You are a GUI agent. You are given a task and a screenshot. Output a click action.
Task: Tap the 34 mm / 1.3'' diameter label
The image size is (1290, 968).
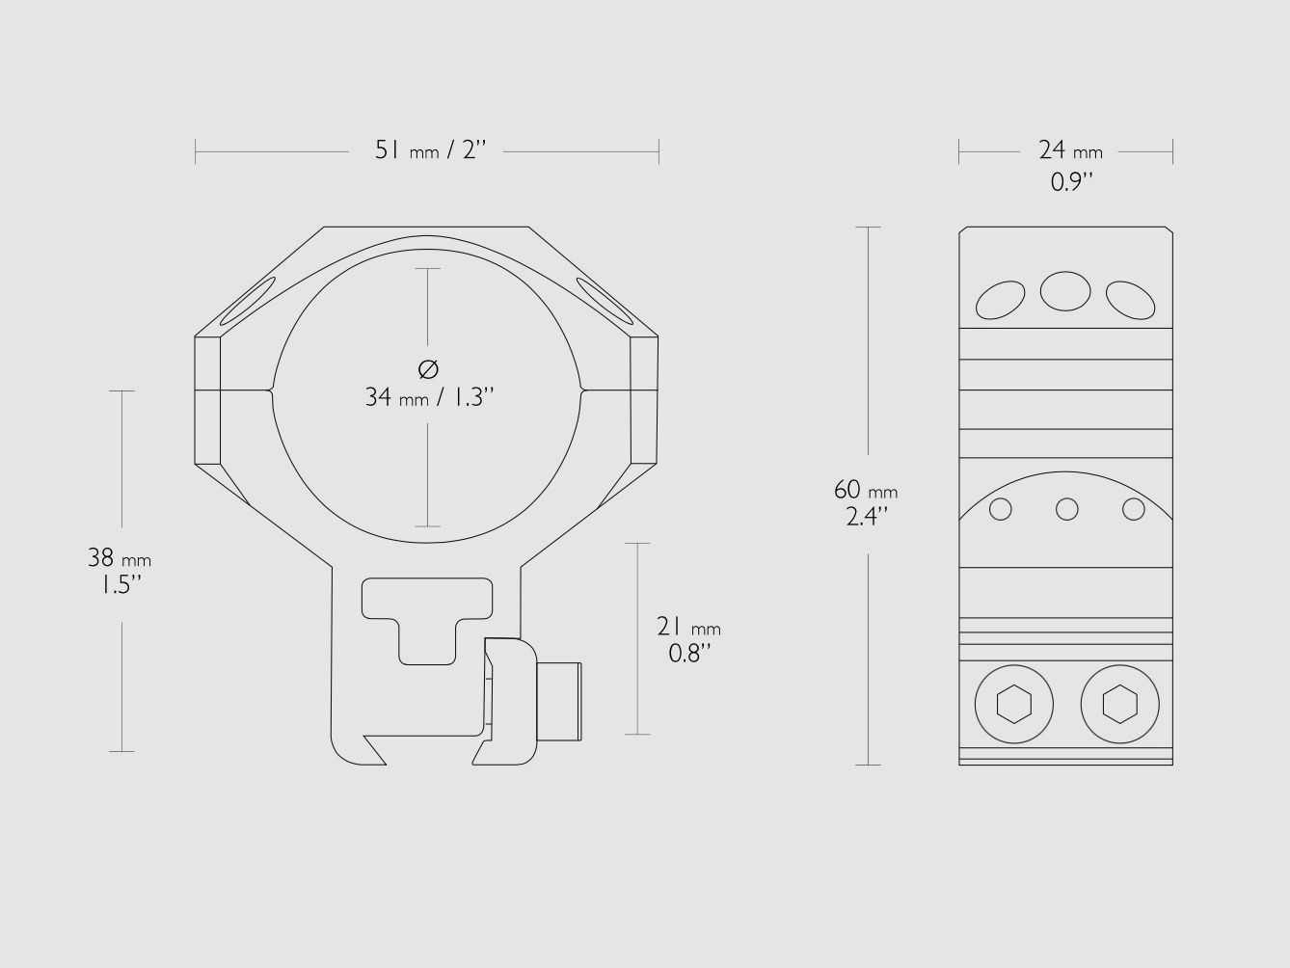429,396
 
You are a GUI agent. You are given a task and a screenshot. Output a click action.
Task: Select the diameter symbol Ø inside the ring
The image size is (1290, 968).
429,368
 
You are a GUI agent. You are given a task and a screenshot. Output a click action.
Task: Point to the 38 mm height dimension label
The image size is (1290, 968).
120,570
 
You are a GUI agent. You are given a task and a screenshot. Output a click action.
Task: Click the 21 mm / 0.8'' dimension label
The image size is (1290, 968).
688,639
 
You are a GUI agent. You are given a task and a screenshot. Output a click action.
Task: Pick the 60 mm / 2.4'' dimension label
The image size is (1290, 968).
866,502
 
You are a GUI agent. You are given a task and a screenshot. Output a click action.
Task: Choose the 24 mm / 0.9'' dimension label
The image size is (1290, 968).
1070,164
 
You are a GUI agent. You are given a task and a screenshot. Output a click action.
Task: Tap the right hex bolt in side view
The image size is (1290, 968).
1118,705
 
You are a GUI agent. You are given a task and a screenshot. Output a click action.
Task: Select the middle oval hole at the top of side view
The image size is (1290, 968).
1065,290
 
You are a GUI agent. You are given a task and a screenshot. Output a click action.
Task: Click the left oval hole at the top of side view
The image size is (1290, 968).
1000,301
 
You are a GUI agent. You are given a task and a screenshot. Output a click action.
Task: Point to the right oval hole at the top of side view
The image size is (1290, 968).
1130,300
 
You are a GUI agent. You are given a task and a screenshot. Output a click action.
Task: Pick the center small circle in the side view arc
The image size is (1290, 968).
1066,508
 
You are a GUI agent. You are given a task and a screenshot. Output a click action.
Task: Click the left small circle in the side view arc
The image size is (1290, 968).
1001,508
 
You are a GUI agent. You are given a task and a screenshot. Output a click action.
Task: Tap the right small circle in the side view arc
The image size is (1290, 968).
1134,508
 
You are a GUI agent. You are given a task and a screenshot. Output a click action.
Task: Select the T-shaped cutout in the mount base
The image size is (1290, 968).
428,617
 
